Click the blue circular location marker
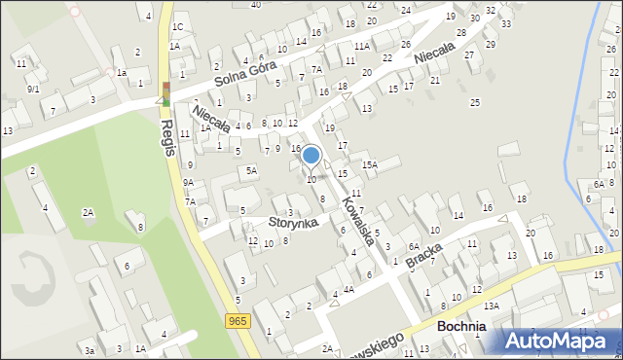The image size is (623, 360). click(x=311, y=155)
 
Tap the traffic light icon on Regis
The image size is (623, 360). click(x=165, y=94)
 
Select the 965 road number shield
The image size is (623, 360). click(x=238, y=320)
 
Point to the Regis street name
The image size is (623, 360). click(x=167, y=139)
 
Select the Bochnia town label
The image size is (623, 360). click(x=461, y=327)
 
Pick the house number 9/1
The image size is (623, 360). click(x=32, y=89)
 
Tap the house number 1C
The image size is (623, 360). click(x=178, y=26)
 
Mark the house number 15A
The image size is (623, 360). click(x=370, y=165)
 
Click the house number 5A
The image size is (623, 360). click(x=251, y=171)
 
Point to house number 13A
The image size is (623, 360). click(x=493, y=306)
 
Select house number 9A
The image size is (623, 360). click(x=188, y=182)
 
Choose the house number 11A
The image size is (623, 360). click(x=361, y=46)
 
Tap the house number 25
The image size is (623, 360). click(x=475, y=102)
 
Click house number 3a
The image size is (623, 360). click(x=89, y=350)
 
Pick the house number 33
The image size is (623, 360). click(x=505, y=22)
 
